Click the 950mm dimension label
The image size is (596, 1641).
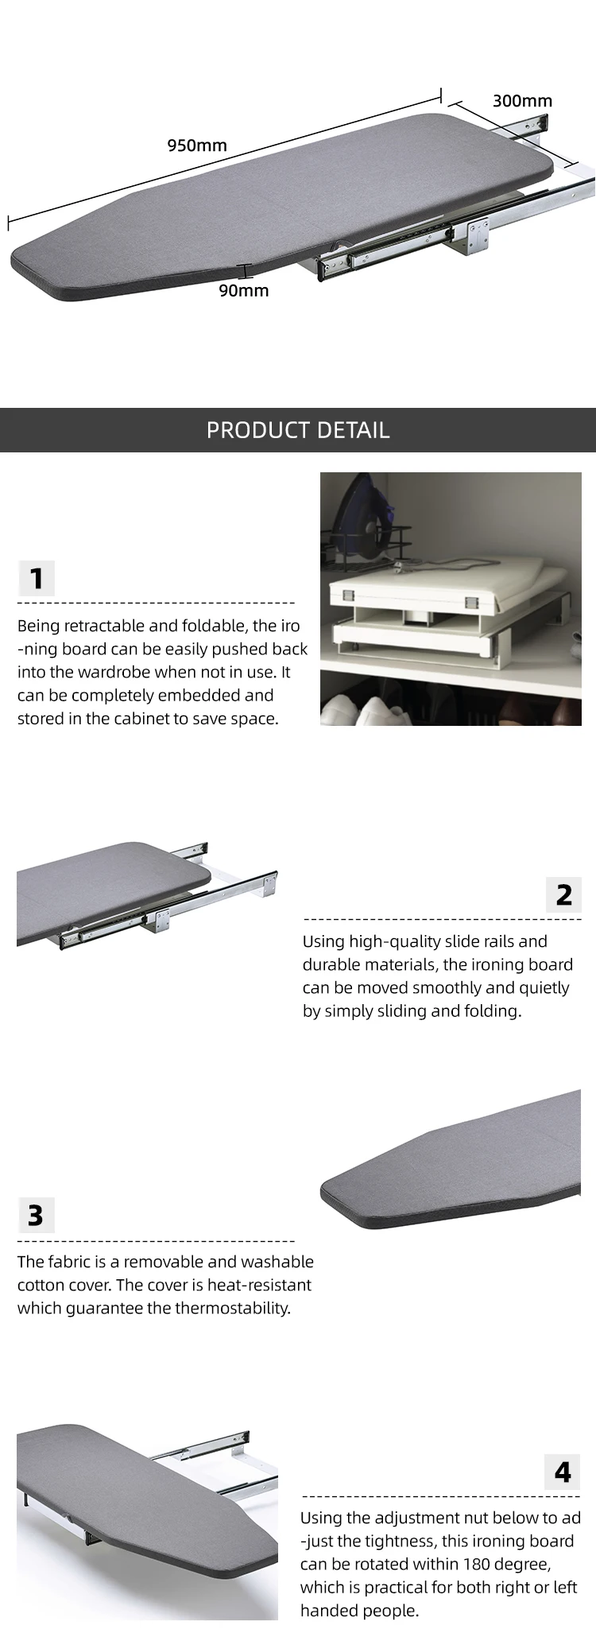tap(197, 145)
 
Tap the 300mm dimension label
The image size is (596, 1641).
tap(522, 100)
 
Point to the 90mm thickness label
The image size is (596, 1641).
tap(244, 290)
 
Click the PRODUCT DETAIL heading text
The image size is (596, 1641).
tap(298, 430)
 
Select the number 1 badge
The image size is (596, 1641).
tap(37, 578)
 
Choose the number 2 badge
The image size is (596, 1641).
tap(563, 894)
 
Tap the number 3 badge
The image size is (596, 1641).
tap(36, 1216)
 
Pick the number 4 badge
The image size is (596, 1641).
tap(563, 1472)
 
